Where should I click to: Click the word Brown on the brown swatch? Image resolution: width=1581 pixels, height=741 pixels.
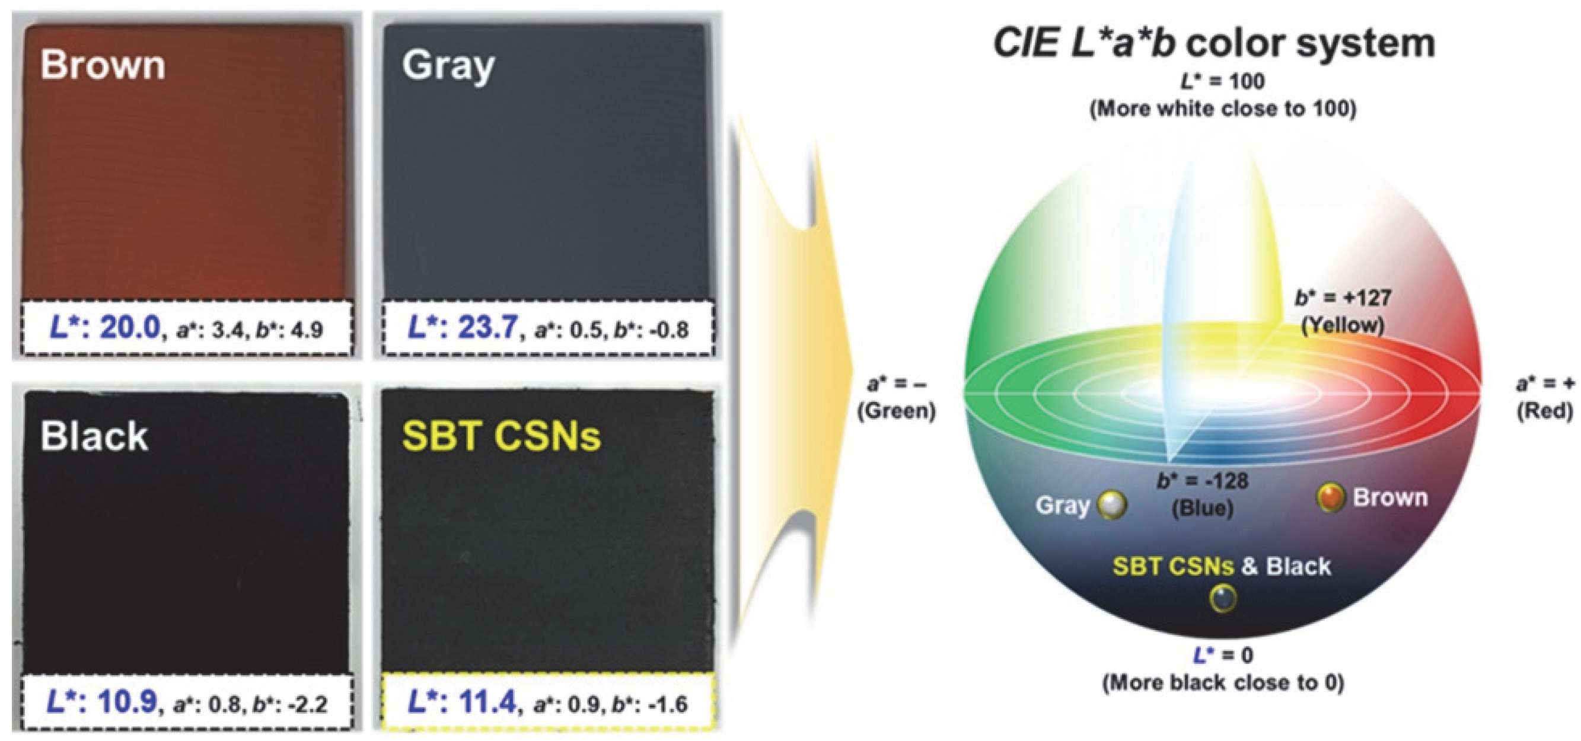click(x=103, y=65)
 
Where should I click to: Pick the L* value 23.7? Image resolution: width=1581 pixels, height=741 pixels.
click(x=489, y=329)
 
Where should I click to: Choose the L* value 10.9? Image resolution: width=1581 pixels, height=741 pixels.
click(x=128, y=702)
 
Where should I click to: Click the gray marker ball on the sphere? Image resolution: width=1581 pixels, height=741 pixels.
click(x=1112, y=506)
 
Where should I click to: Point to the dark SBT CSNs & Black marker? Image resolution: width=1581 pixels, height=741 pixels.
click(x=1222, y=598)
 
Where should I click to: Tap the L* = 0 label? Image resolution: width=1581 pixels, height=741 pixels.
click(x=1223, y=655)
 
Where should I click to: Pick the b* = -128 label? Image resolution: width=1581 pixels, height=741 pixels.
click(x=1202, y=480)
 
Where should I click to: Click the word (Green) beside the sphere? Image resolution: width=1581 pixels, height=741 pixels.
click(x=896, y=410)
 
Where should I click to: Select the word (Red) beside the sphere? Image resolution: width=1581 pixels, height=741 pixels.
click(x=1544, y=410)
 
